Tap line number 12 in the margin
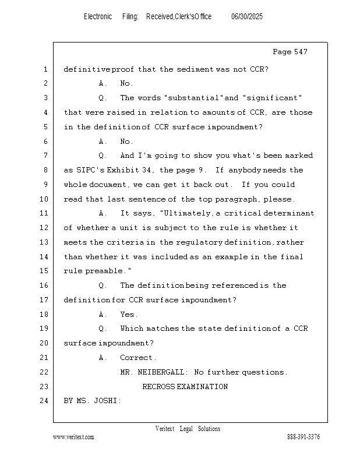[x=45, y=228]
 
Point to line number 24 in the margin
[x=45, y=401]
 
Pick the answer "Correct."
[x=138, y=358]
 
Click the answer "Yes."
[x=129, y=315]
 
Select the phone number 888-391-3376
[x=303, y=437]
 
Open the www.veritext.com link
[x=73, y=437]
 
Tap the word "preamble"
[x=108, y=271]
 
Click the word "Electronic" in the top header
[x=98, y=17]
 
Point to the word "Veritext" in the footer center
[x=164, y=429]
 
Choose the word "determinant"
[x=285, y=214]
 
